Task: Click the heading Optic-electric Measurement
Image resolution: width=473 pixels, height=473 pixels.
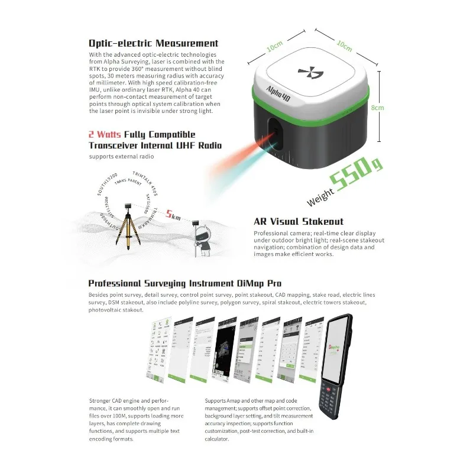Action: [153, 43]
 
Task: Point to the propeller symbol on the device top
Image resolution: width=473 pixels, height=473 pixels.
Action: [311, 74]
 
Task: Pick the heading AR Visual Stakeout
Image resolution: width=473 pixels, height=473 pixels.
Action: [299, 222]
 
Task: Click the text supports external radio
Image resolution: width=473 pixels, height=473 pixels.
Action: [121, 156]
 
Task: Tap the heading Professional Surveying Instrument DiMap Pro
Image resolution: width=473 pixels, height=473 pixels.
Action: [184, 283]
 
